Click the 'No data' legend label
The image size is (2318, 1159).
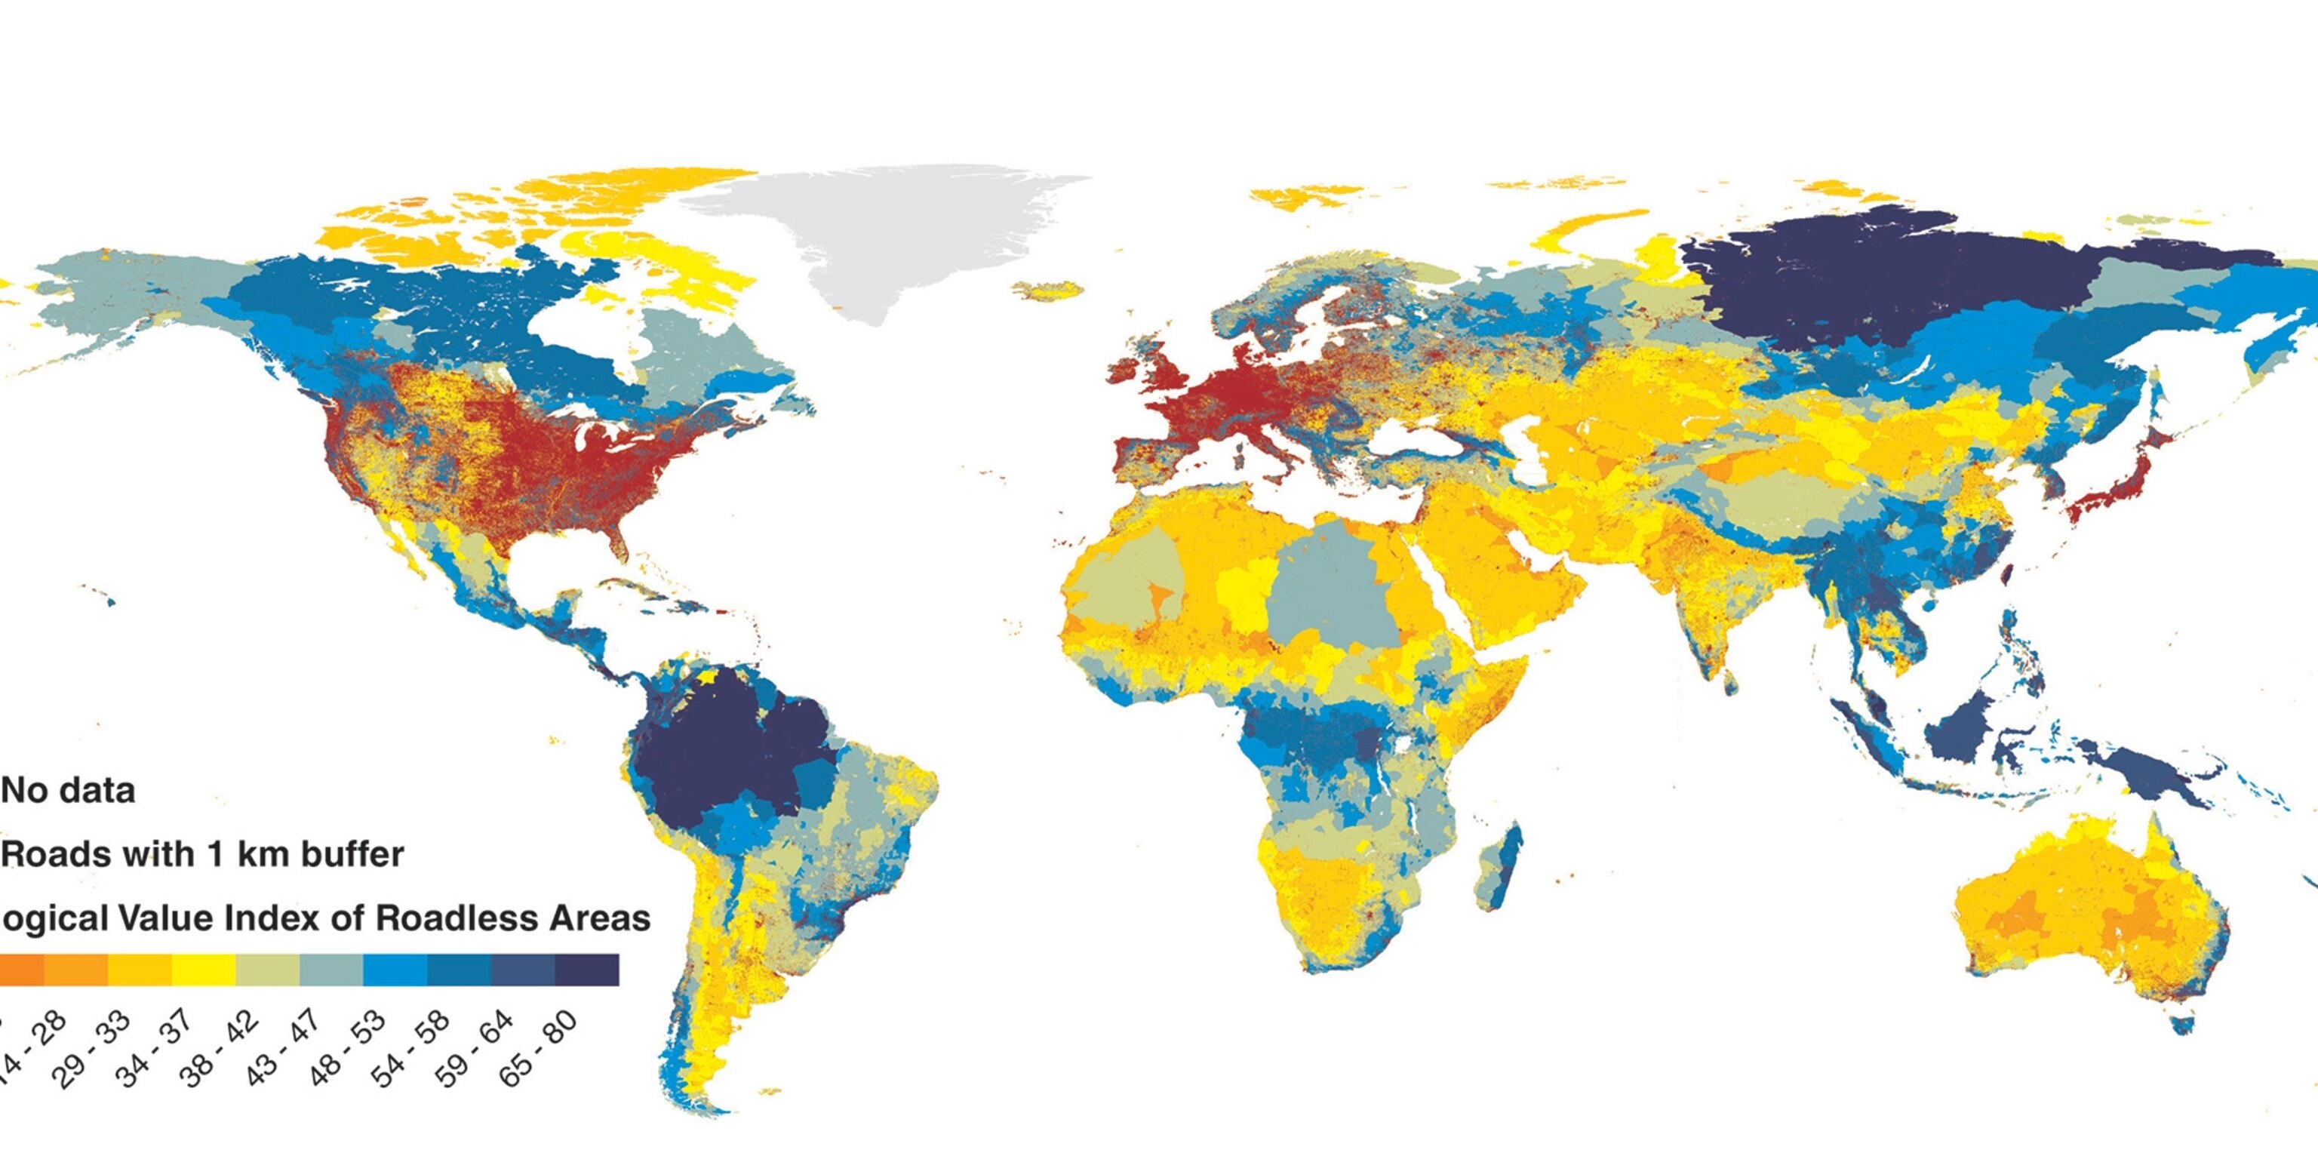tap(69, 791)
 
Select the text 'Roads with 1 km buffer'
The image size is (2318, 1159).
tap(202, 854)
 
